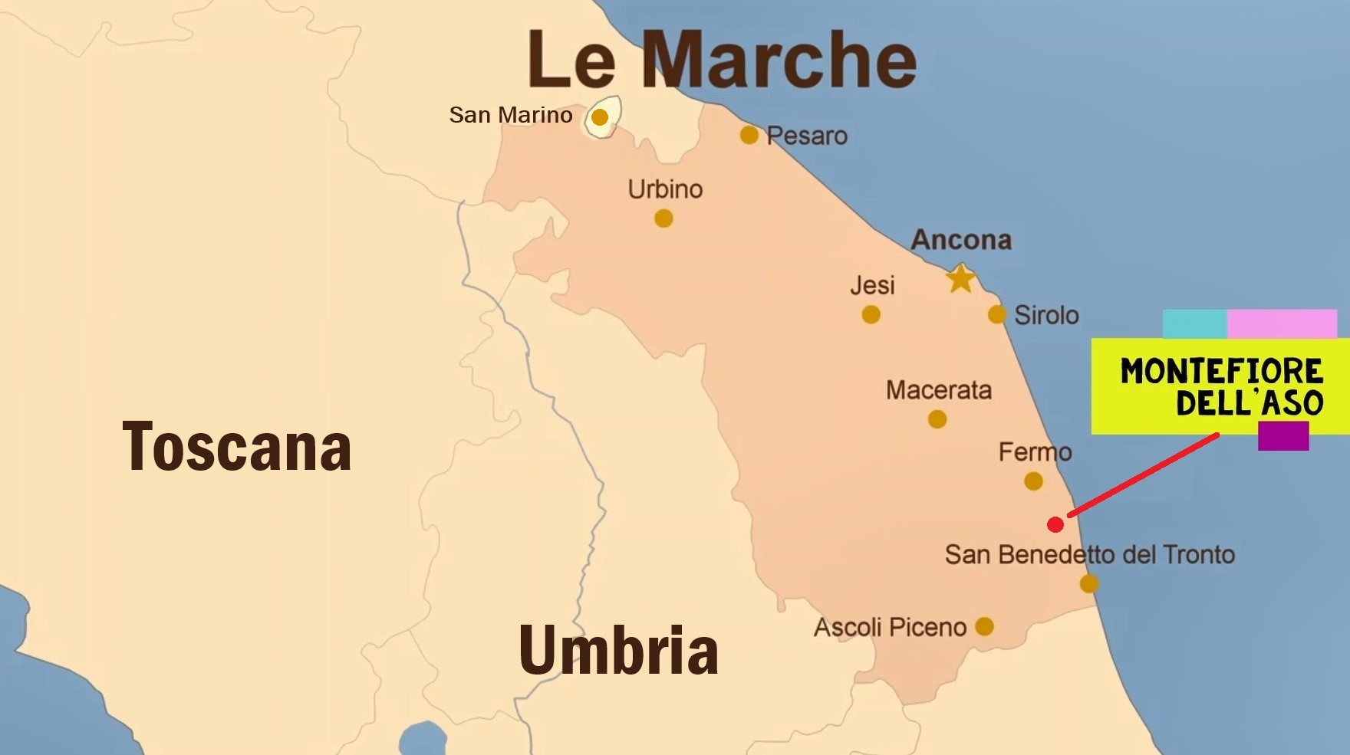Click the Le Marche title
click(x=722, y=60)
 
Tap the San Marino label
click(x=511, y=115)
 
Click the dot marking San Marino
click(x=600, y=117)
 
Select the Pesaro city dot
click(x=749, y=136)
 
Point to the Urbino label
click(x=665, y=189)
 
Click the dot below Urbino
click(x=664, y=219)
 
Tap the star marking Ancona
click(x=960, y=278)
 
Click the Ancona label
click(x=961, y=240)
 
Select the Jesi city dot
click(x=871, y=314)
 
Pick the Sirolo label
click(x=1046, y=315)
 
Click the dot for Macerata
click(x=937, y=419)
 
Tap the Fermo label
click(x=1035, y=452)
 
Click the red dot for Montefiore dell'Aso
click(x=1055, y=524)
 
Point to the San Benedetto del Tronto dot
click(x=1089, y=584)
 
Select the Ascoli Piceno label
click(x=890, y=628)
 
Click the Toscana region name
click(x=237, y=447)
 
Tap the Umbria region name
click(x=618, y=651)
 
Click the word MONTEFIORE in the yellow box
click(x=1221, y=372)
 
